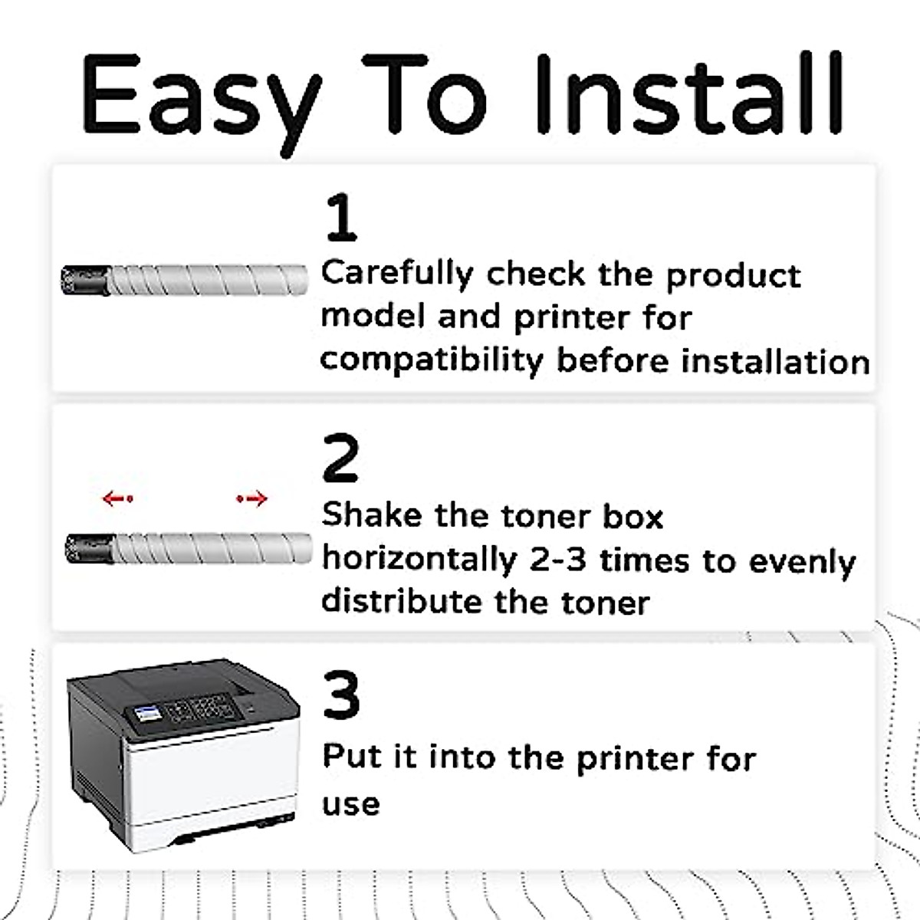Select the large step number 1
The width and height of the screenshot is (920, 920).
[341, 218]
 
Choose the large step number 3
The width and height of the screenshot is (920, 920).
[341, 695]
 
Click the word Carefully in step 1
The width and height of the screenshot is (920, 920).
[398, 274]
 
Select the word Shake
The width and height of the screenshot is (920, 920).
[372, 515]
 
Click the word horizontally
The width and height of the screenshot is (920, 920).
[419, 560]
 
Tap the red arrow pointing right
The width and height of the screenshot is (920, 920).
[252, 499]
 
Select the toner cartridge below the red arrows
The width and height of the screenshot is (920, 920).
[189, 548]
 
